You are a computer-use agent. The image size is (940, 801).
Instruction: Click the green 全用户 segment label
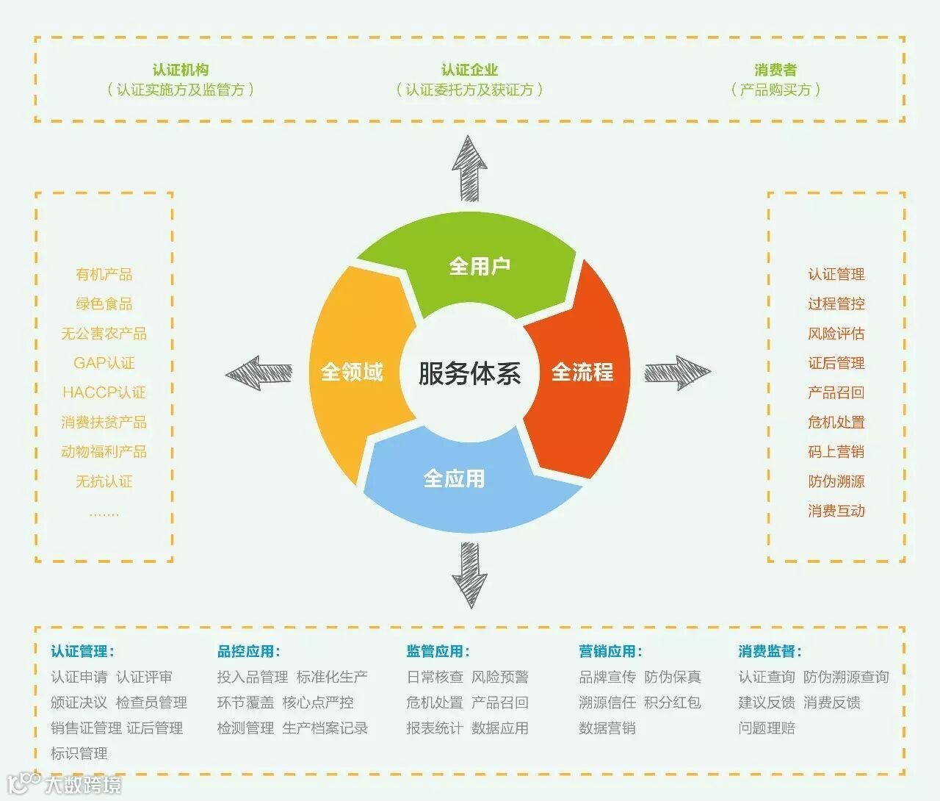[480, 266]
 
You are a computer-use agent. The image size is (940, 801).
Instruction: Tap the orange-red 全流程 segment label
[582, 372]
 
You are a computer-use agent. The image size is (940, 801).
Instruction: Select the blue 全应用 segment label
[454, 479]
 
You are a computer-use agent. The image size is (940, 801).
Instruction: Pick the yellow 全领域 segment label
[352, 372]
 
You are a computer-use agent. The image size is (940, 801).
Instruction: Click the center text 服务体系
[469, 373]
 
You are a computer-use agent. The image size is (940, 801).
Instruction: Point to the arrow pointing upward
[469, 168]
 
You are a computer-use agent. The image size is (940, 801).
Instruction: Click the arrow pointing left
[258, 373]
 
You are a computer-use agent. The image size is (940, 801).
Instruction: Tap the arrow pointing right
[677, 373]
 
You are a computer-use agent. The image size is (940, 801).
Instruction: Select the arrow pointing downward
[469, 574]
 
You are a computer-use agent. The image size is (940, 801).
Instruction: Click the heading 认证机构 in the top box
[181, 70]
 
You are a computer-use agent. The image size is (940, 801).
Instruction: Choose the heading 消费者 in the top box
[775, 70]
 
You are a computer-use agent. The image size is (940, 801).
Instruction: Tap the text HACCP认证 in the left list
[104, 392]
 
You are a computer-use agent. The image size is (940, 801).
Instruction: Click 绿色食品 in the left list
[104, 303]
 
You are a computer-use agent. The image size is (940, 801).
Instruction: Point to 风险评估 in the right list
[836, 334]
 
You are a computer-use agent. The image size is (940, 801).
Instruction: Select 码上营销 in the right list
[836, 452]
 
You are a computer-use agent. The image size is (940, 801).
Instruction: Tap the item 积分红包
[673, 703]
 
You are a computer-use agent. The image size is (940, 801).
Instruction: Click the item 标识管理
[79, 753]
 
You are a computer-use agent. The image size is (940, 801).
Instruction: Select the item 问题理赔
[767, 728]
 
